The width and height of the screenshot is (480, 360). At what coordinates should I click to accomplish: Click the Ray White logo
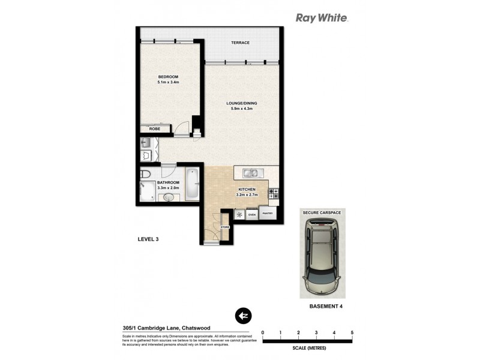(x=322, y=18)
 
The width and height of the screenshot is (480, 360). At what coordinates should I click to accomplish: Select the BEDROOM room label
(x=169, y=77)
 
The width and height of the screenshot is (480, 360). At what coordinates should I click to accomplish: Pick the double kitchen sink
(x=251, y=174)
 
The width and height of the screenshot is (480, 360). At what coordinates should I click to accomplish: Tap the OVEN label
(x=252, y=214)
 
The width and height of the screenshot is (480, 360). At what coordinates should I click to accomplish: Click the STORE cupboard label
(x=225, y=227)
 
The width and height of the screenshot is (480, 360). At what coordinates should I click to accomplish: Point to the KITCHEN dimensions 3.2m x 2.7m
(x=246, y=195)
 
